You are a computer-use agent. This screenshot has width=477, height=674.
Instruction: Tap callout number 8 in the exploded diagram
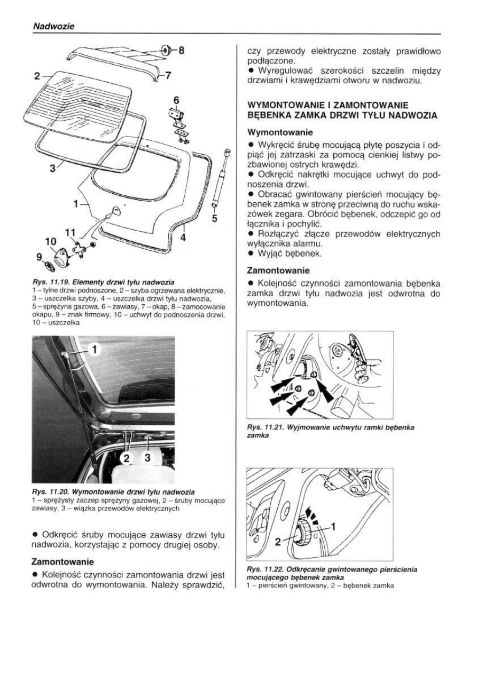click(x=181, y=51)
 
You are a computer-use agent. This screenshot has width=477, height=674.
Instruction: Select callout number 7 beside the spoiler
click(x=168, y=76)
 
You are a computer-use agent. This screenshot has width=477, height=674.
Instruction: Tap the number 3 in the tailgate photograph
click(x=148, y=458)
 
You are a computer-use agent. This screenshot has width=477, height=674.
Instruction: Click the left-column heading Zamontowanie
click(x=63, y=562)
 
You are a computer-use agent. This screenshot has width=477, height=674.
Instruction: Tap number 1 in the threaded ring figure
click(x=335, y=527)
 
